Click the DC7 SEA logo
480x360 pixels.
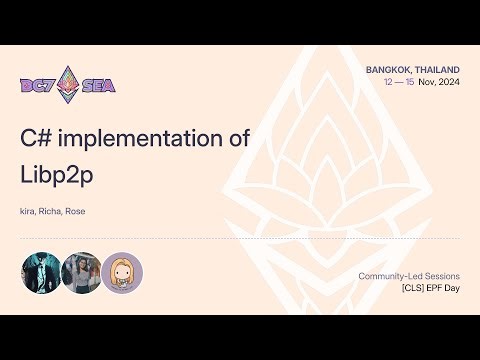(x=68, y=84)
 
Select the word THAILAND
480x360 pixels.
(x=437, y=69)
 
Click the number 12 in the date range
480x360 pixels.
(x=389, y=83)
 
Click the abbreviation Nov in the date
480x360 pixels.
(x=427, y=83)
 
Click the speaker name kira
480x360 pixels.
(x=28, y=212)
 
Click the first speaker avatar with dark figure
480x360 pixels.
(x=41, y=272)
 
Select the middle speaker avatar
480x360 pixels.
(x=81, y=272)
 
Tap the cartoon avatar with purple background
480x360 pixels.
(x=122, y=272)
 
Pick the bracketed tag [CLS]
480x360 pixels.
(x=388, y=288)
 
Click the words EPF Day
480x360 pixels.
(x=432, y=288)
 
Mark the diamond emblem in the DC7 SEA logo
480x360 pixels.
(x=68, y=84)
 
